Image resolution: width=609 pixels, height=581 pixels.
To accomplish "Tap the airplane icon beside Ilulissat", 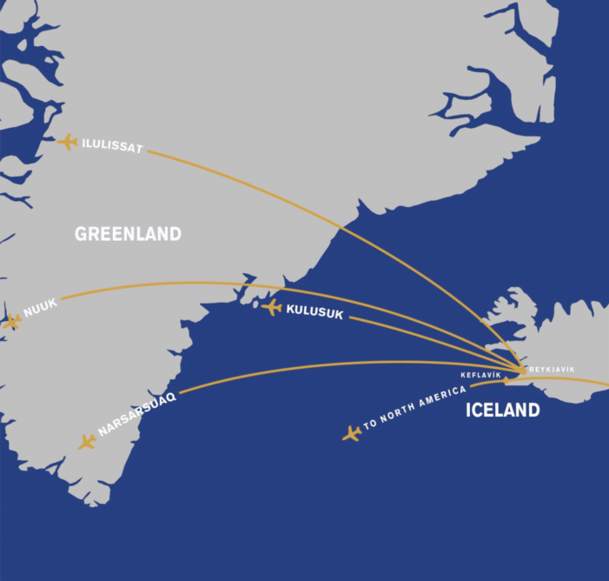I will (x=67, y=141).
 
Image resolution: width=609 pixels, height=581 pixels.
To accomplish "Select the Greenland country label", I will (x=128, y=234).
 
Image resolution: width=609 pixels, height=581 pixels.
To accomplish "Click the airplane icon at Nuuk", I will (x=11, y=322).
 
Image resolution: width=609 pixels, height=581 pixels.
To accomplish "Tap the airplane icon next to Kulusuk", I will (x=272, y=307).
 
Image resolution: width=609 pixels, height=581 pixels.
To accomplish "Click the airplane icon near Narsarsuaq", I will (x=86, y=442).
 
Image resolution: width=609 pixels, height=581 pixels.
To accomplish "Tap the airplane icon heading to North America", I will (x=352, y=432).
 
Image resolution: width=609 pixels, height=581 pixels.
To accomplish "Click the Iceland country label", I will (x=502, y=411).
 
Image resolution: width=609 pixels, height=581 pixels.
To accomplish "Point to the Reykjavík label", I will (x=552, y=370).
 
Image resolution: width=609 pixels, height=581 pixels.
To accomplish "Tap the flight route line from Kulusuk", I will (x=417, y=335).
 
